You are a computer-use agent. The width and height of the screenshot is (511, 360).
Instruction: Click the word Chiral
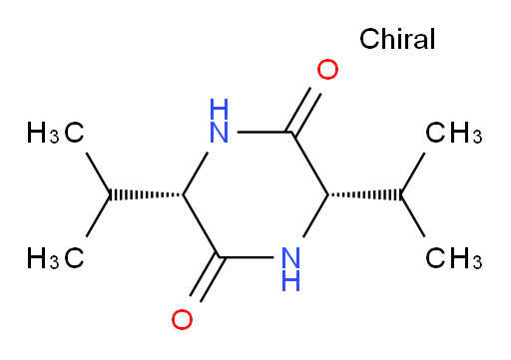(397, 39)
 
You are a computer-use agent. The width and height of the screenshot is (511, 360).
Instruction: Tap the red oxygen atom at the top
(327, 70)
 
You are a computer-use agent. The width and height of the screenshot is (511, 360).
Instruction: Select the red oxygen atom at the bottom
(182, 319)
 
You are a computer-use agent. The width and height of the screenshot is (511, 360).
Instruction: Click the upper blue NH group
(220, 121)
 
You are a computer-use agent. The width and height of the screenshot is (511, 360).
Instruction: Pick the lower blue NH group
(291, 269)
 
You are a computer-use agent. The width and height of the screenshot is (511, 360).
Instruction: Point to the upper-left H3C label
(55, 133)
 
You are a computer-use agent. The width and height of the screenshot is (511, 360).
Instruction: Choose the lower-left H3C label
(55, 257)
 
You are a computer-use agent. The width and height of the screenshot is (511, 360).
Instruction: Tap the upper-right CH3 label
(454, 133)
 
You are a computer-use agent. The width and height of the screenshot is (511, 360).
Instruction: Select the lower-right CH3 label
(454, 257)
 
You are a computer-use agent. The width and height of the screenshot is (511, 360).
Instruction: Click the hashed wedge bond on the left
(147, 194)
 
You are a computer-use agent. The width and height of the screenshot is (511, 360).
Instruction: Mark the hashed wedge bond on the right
(364, 194)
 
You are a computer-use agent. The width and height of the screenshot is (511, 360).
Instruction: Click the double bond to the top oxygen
(303, 110)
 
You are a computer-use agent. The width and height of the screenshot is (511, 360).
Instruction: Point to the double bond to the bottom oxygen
(207, 279)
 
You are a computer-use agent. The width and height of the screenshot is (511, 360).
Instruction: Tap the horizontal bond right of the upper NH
(264, 133)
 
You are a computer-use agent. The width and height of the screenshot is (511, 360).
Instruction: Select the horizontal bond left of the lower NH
(246, 257)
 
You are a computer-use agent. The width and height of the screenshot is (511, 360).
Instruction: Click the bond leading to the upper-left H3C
(98, 174)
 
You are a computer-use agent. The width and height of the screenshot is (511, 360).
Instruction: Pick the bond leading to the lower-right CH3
(412, 215)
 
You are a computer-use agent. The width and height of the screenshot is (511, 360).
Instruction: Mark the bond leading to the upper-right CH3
(412, 174)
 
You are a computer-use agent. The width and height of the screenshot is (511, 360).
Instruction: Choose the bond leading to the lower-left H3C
(98, 215)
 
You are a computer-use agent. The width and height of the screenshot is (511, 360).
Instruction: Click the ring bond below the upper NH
(196, 174)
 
